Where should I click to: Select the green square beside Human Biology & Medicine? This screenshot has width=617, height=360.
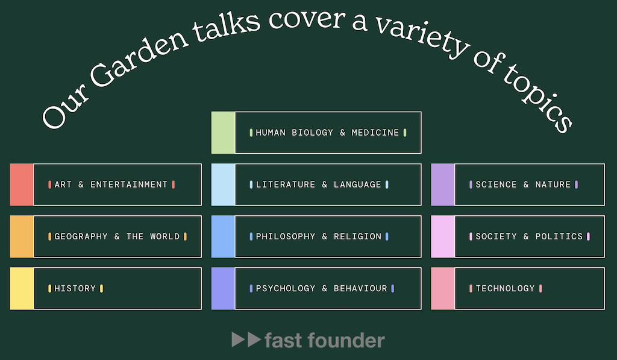(223, 133)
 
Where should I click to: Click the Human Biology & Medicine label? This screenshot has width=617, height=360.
(327, 133)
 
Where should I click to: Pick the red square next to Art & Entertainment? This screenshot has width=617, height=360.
(22, 185)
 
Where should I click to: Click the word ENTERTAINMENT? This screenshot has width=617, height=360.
(129, 185)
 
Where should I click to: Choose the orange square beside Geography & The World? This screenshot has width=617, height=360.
(22, 237)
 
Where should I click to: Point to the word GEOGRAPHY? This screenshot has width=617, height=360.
(81, 237)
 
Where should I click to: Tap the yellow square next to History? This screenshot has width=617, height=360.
(22, 289)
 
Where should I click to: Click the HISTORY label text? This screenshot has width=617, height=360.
(75, 289)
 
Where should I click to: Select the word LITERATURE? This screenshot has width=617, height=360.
(286, 185)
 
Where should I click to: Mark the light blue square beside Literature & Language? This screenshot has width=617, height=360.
(223, 185)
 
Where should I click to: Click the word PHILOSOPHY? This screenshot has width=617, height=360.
(286, 237)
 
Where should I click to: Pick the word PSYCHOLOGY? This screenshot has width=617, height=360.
(286, 289)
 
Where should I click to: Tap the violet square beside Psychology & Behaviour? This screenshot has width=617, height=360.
(223, 289)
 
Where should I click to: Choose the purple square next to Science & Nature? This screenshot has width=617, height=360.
(443, 185)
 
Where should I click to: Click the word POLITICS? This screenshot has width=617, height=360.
(559, 237)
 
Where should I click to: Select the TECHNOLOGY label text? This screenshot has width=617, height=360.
(506, 289)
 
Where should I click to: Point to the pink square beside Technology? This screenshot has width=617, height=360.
(443, 289)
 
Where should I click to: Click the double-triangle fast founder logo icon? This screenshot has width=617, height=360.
(246, 339)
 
